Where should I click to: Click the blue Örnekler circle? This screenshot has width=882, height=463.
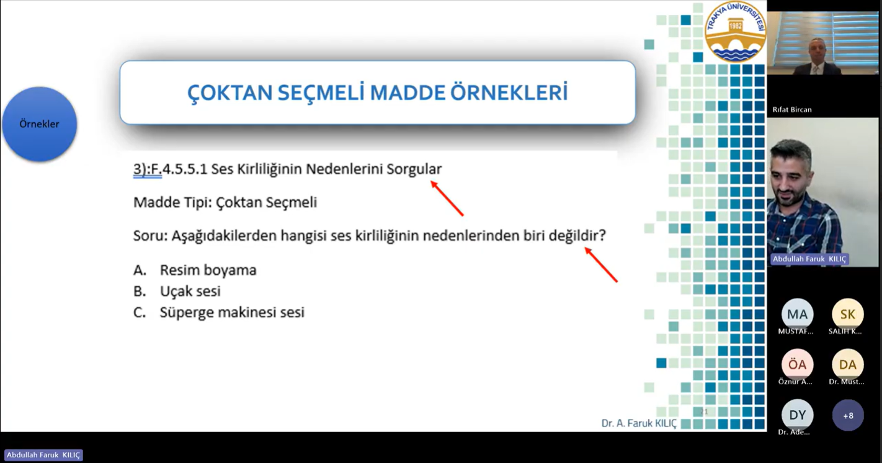pos(39,124)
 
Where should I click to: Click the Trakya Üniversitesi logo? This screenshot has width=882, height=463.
pos(735,32)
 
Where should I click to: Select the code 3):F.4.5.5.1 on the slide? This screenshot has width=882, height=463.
pos(170,169)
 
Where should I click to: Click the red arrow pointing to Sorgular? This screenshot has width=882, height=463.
pos(447,198)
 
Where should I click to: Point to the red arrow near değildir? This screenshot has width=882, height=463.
pos(601,264)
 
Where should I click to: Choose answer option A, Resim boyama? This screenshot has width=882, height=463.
pos(195,270)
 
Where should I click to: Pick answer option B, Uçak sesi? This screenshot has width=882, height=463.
pos(177,291)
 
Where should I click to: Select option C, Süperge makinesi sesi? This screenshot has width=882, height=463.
pos(219,312)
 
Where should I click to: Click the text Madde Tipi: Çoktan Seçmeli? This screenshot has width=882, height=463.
pos(225,202)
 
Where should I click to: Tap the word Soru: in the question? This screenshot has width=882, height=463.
pos(151,236)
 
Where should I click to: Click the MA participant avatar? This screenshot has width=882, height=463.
pos(798,314)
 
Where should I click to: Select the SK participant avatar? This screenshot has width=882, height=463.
pos(848,314)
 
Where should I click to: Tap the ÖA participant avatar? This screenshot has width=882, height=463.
pos(798,364)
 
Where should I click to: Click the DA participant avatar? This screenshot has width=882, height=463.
pos(848,364)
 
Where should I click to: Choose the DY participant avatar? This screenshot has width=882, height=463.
pos(798,415)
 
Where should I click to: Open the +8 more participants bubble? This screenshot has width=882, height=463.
pos(848,415)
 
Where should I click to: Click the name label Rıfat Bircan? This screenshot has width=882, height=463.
pos(792,110)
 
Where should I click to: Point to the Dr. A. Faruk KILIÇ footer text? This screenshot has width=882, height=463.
pos(639,423)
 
